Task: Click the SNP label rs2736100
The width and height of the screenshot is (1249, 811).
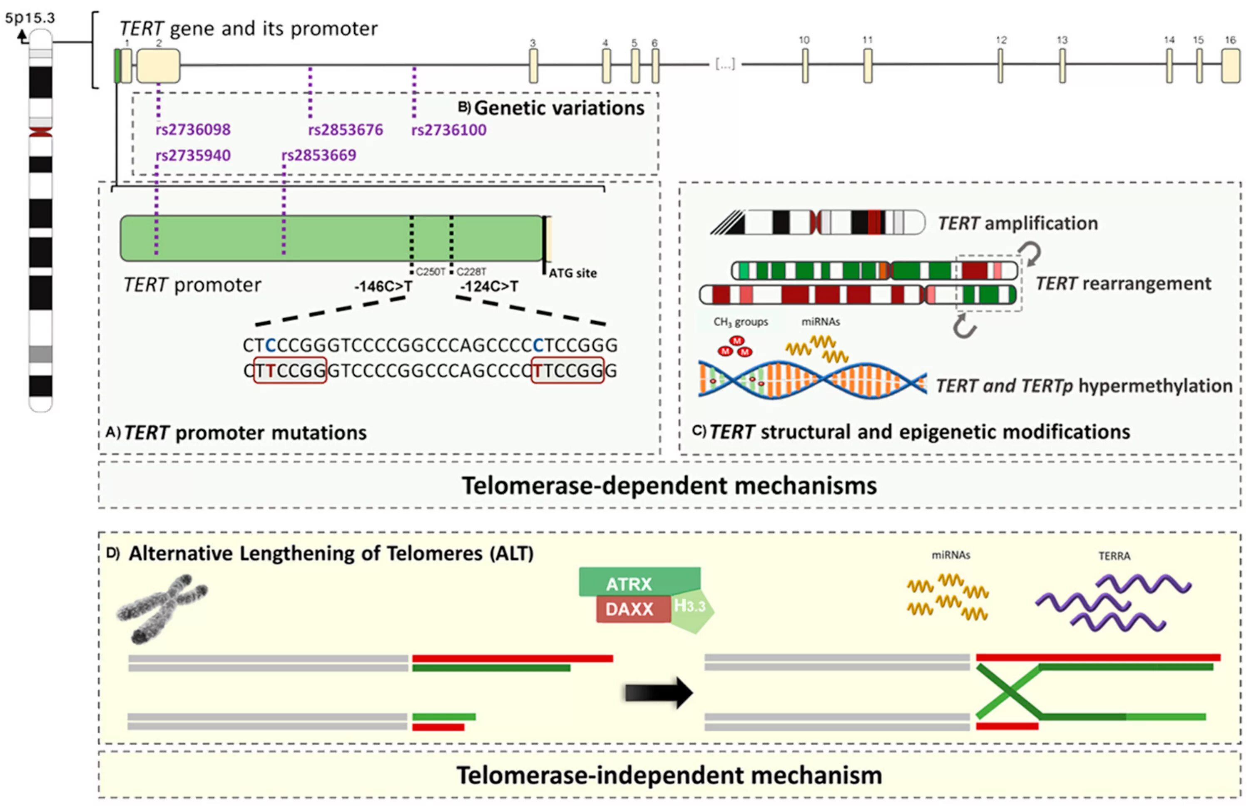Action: (x=449, y=129)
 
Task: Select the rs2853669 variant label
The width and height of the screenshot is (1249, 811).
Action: (x=318, y=155)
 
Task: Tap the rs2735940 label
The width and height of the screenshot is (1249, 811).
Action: (x=193, y=155)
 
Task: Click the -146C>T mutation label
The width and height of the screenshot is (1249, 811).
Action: (x=383, y=286)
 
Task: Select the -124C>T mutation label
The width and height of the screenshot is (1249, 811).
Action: (x=489, y=286)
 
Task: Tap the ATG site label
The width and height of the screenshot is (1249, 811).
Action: (x=572, y=273)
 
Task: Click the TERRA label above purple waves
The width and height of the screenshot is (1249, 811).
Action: (x=1114, y=556)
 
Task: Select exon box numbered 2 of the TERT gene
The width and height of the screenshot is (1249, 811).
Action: (x=159, y=66)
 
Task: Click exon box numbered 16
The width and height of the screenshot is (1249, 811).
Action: (x=1231, y=66)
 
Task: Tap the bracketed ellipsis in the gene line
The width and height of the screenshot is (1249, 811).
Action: (x=725, y=64)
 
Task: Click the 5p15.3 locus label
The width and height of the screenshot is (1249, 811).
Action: (x=30, y=18)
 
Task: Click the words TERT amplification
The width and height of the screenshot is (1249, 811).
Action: (x=1018, y=223)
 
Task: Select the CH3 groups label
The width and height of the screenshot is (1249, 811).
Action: (x=741, y=322)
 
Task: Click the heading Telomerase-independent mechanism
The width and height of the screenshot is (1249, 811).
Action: (x=669, y=775)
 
